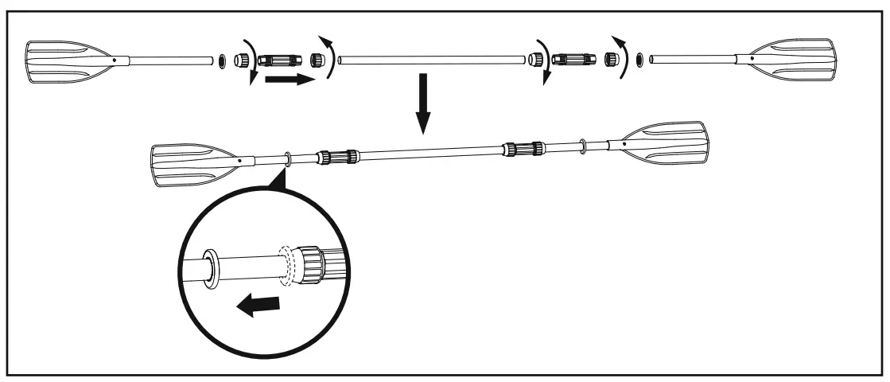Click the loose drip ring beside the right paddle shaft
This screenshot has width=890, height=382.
640,59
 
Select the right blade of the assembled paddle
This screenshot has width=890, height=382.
667,141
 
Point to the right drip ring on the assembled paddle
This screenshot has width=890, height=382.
585,145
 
